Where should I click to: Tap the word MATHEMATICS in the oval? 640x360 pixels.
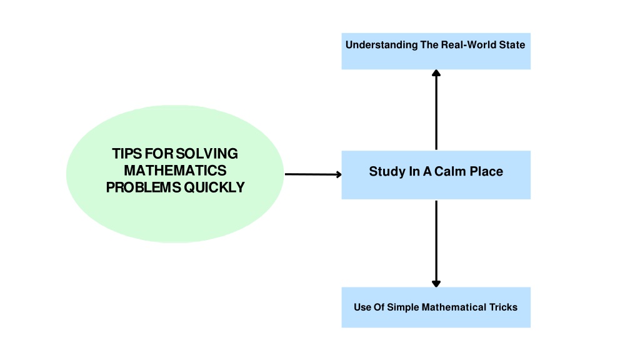175,171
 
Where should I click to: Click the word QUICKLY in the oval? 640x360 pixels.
214,187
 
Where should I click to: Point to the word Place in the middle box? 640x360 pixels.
486,171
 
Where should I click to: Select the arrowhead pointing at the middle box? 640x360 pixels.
338,175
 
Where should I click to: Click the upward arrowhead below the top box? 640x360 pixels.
436,73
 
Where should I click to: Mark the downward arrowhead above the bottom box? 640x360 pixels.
436,284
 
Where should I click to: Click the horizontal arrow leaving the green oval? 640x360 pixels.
313,174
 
